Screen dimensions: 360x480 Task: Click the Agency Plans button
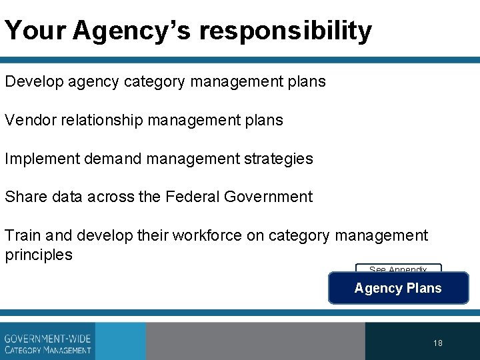[x=398, y=288]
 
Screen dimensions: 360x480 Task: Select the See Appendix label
[x=398, y=269]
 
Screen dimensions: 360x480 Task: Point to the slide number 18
[x=437, y=343]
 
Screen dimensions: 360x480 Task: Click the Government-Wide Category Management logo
[x=47, y=341]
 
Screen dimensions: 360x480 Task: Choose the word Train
[x=21, y=235]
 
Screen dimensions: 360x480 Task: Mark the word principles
[x=39, y=255]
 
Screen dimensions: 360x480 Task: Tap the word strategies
[x=280, y=159]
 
